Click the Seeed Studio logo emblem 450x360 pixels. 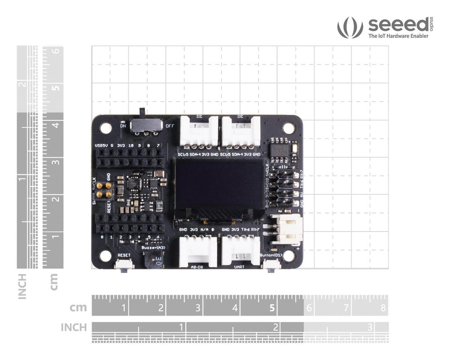pos(350,27)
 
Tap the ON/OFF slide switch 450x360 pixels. pos(145,124)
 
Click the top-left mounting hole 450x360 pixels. pos(105,128)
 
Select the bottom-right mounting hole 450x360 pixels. pos(288,255)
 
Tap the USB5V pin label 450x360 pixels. pos(101,145)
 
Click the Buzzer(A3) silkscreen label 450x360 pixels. pos(153,247)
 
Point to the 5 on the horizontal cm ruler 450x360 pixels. pos(272,308)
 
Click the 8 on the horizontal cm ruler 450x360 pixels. pos(383,308)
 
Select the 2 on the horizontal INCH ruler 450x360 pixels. pos(276,327)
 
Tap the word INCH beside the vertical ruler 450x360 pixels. pos(22,287)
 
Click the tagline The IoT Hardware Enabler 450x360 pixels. pos(398,36)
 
